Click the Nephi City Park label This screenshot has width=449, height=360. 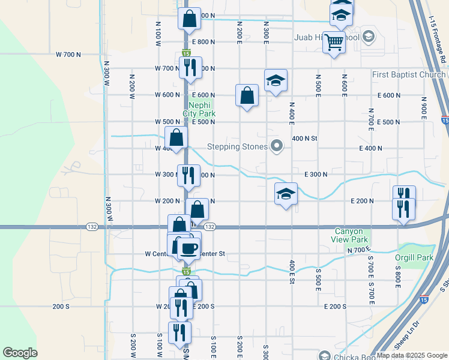199,107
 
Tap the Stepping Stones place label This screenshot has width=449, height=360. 236,146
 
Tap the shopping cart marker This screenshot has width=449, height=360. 334,43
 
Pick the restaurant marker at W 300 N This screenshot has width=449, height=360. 188,175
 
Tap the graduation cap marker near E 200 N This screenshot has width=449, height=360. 286,194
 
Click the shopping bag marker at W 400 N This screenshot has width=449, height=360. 176,137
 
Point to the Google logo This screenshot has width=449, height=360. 20,353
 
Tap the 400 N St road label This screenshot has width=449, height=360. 304,139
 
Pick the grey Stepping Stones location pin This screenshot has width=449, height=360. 277,146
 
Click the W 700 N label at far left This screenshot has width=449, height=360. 68,55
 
